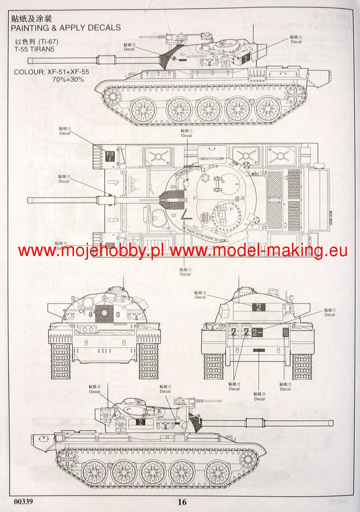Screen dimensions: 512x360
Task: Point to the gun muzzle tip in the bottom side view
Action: (331, 422)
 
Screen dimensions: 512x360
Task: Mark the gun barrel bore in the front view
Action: (103, 313)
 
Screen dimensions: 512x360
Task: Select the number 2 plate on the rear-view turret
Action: (259, 307)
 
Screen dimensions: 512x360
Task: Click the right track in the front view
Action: (148, 361)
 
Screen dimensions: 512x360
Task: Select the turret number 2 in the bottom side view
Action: (140, 422)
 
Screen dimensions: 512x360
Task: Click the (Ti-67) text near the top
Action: (47, 41)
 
